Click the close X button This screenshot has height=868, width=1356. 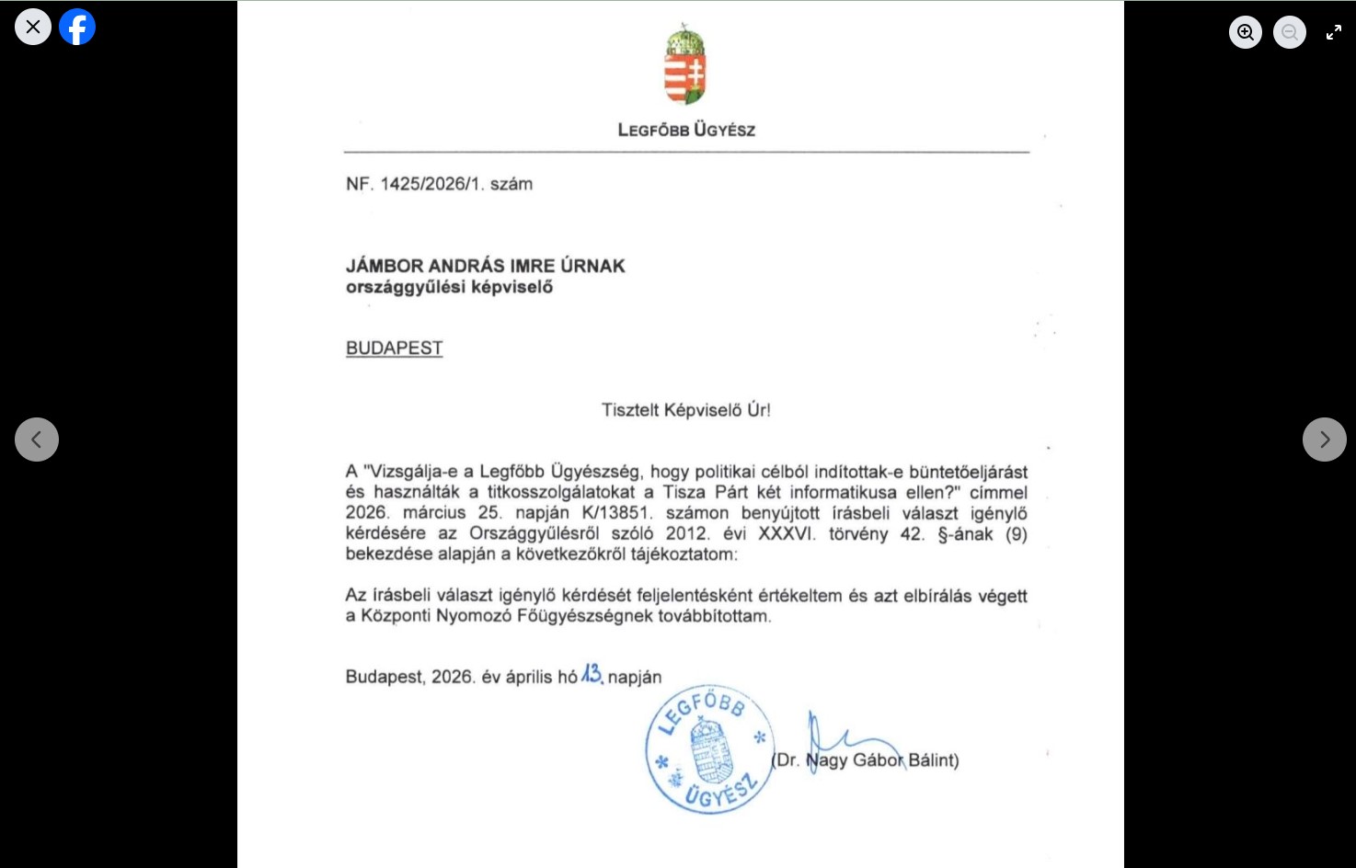click(x=33, y=27)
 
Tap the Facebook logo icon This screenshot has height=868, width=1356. click(x=77, y=27)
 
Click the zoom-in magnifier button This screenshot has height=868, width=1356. click(x=1245, y=32)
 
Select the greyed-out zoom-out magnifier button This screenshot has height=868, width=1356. click(x=1289, y=32)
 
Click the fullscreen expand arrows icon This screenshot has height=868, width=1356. click(x=1333, y=32)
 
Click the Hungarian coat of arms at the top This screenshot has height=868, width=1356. click(x=685, y=65)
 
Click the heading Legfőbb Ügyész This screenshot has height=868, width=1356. click(x=686, y=130)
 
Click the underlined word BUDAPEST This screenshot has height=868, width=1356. click(x=394, y=348)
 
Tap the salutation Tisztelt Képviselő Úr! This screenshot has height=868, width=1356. click(x=686, y=410)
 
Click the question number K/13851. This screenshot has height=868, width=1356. click(x=616, y=513)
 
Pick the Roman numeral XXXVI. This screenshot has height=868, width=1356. click(x=787, y=534)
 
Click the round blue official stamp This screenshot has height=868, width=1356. click(x=709, y=750)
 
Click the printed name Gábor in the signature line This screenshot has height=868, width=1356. click(x=878, y=760)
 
